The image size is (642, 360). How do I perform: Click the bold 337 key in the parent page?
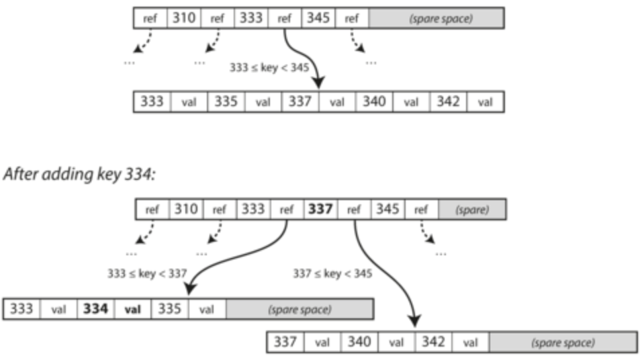(320, 210)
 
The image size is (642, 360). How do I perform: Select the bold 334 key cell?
(96, 309)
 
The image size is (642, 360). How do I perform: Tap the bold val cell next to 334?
(133, 309)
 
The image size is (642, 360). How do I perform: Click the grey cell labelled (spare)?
(472, 210)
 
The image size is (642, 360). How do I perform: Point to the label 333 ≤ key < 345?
(269, 67)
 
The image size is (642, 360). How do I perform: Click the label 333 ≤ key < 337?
(147, 273)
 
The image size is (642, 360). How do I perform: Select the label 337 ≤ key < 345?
(332, 273)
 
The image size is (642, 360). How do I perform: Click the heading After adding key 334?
(79, 174)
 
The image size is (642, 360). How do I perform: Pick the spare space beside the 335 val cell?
(300, 309)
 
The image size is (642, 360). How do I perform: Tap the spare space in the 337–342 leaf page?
(563, 343)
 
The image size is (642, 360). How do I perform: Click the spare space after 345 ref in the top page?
(436, 18)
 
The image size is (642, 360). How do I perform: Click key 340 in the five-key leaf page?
(374, 101)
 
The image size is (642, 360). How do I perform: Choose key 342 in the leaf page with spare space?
(433, 343)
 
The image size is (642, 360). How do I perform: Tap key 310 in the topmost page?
(184, 18)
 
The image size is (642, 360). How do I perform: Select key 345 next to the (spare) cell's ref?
(387, 210)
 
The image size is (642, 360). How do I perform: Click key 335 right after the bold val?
(169, 309)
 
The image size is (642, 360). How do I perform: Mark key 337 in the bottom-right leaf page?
(285, 343)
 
